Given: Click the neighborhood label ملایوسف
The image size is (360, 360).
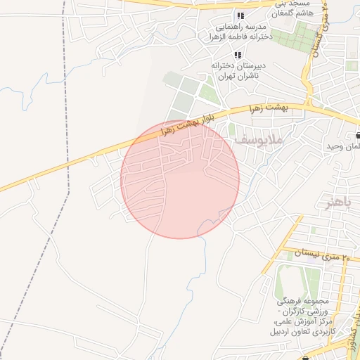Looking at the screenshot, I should point(257,141).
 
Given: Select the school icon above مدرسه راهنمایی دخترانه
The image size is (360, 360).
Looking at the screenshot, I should point(240,15).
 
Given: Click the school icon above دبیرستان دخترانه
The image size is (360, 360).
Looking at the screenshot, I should point(237,55).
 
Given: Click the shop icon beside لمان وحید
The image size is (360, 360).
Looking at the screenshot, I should point(359,136).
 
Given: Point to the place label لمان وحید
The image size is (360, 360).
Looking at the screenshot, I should point(342,146).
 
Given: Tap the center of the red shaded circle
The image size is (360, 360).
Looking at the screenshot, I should point(180,179).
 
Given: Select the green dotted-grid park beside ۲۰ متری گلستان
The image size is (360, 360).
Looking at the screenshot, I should point(303,35).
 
